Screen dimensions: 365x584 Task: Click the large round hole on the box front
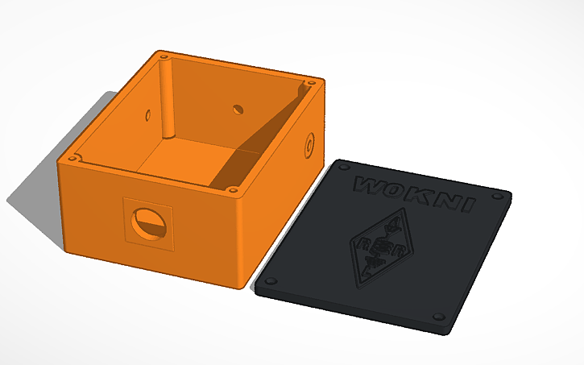pyautogui.click(x=149, y=222)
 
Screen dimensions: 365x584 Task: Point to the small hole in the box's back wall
pyautogui.click(x=238, y=108)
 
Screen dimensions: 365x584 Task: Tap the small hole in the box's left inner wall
pyautogui.click(x=147, y=114)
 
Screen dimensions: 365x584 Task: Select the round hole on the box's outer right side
pyautogui.click(x=309, y=145)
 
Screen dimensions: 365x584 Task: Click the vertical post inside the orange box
pyautogui.click(x=167, y=101)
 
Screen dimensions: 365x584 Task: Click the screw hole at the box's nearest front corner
pyautogui.click(x=232, y=191)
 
